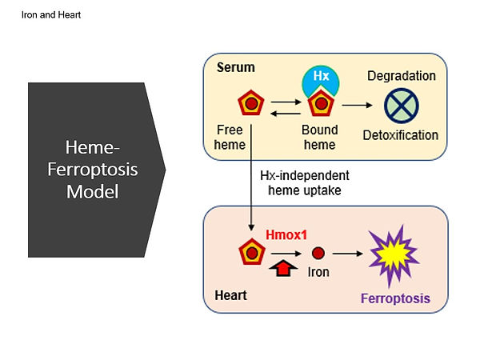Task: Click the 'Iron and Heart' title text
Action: click(x=51, y=14)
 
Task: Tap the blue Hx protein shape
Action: click(x=321, y=78)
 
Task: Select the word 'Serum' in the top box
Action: click(x=236, y=67)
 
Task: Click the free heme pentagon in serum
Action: click(x=251, y=103)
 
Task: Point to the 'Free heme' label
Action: click(x=230, y=137)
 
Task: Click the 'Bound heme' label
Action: click(x=320, y=137)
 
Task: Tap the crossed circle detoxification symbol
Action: click(x=402, y=106)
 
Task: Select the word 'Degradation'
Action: click(x=402, y=76)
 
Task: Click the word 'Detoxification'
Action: click(x=401, y=135)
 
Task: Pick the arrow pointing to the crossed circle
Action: click(x=358, y=105)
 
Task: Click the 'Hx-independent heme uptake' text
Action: click(x=305, y=182)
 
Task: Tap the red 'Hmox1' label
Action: click(x=286, y=234)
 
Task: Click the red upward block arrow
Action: click(x=283, y=268)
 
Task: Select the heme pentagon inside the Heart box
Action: click(x=252, y=252)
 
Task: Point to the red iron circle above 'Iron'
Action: click(x=318, y=253)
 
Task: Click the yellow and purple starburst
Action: click(x=394, y=254)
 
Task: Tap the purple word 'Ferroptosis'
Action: click(x=395, y=298)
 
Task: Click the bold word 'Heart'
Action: click(x=231, y=295)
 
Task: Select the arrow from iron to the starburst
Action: click(x=348, y=254)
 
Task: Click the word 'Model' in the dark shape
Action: click(x=93, y=192)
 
